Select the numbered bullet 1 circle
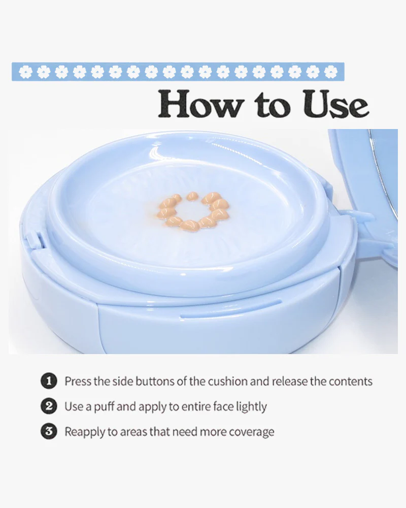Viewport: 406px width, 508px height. tap(49, 381)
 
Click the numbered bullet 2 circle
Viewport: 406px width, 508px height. tap(49, 406)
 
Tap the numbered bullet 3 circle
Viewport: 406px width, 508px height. tap(49, 431)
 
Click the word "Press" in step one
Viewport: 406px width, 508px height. tap(78, 382)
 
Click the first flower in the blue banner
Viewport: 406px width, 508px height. tap(25, 72)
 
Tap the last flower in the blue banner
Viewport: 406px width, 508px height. tap(330, 72)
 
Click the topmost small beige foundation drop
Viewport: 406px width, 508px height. tap(192, 196)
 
